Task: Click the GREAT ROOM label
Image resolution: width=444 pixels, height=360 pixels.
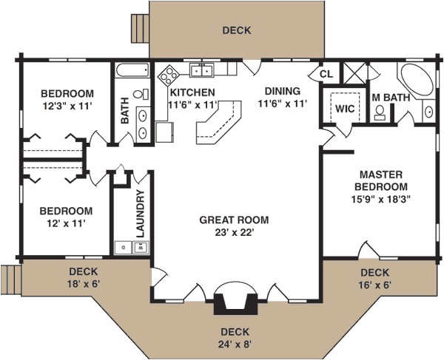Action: click(234, 220)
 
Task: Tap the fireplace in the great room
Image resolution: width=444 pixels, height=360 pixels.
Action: click(235, 304)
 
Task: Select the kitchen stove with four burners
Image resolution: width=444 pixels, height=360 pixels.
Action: click(168, 75)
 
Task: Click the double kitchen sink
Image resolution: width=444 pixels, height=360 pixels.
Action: click(201, 69)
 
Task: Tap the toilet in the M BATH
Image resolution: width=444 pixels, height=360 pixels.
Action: click(380, 112)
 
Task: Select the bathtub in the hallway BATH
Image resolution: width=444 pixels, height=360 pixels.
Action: click(132, 70)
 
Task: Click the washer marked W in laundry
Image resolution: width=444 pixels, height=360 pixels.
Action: click(141, 248)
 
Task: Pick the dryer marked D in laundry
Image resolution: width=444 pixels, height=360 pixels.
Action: click(123, 248)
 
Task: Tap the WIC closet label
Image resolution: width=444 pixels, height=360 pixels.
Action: click(345, 109)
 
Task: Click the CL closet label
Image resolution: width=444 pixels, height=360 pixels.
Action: click(326, 74)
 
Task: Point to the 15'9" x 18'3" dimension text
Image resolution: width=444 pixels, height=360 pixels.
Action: click(381, 200)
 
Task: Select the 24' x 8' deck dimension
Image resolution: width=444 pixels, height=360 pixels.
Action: click(235, 344)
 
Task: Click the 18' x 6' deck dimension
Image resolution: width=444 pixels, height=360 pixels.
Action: click(84, 284)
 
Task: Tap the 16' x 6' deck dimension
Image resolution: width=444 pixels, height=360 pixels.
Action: click(375, 285)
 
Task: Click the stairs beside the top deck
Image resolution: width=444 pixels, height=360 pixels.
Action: click(140, 29)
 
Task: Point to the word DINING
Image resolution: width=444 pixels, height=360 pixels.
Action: click(283, 91)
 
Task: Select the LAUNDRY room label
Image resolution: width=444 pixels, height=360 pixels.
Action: click(140, 214)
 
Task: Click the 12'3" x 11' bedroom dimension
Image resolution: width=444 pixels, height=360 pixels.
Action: click(67, 106)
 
